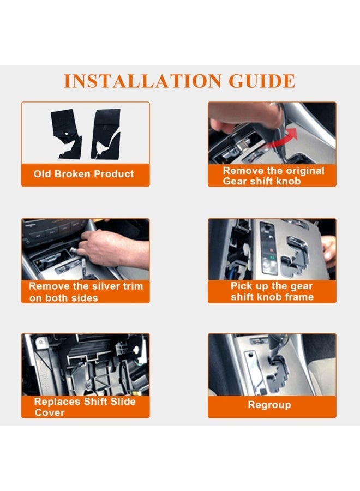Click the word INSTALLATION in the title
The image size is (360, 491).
142,81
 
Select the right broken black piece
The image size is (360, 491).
106,134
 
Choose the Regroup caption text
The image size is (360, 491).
269,405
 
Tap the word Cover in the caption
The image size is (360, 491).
50,413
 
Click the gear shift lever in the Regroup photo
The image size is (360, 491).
275,347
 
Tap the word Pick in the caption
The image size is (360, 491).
241,286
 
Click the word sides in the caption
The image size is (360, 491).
85,298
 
